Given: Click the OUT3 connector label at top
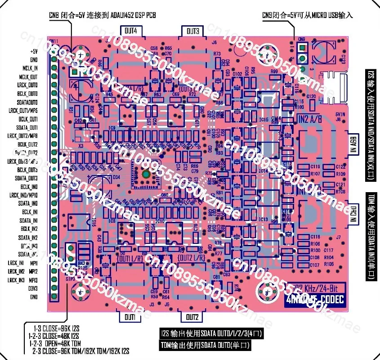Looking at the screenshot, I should (193, 31).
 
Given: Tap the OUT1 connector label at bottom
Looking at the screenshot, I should (130, 317).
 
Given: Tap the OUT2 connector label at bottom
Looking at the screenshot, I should (192, 317).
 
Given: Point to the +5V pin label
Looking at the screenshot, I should (33, 51).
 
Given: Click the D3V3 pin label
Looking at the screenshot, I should (32, 288).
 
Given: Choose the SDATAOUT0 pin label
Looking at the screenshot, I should (27, 102).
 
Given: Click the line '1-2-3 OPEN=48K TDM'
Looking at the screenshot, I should (53, 342).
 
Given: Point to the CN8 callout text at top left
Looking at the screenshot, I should (103, 15).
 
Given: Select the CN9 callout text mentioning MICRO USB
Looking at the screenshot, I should (308, 15).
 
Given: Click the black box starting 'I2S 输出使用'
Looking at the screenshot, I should (211, 334).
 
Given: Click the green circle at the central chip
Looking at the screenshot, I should (146, 174).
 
